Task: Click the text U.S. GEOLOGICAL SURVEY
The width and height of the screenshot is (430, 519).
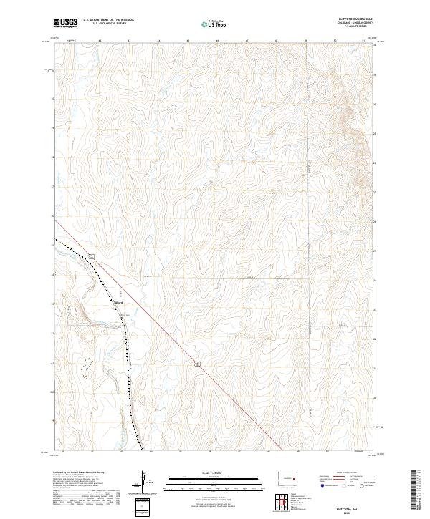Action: tap(105, 24)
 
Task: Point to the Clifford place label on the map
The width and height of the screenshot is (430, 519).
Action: tap(119, 303)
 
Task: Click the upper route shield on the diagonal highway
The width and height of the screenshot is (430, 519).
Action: tap(92, 256)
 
